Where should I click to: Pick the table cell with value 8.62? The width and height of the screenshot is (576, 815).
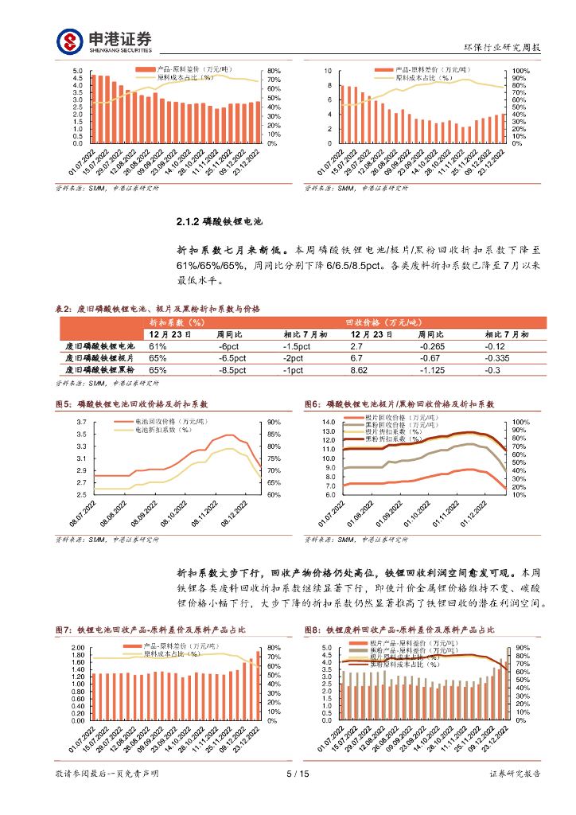click(359, 370)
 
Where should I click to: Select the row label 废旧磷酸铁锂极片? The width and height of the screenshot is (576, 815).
click(100, 358)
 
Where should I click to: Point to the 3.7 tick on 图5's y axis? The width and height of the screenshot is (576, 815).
click(82, 422)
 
